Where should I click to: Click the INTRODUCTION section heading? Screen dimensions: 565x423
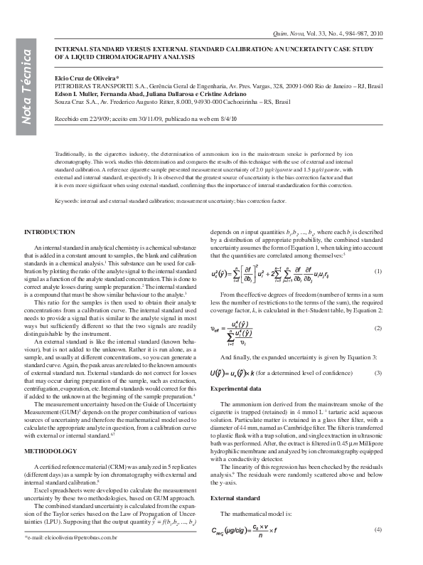tap(49, 233)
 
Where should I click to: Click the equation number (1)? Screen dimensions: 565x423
tap(379, 272)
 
